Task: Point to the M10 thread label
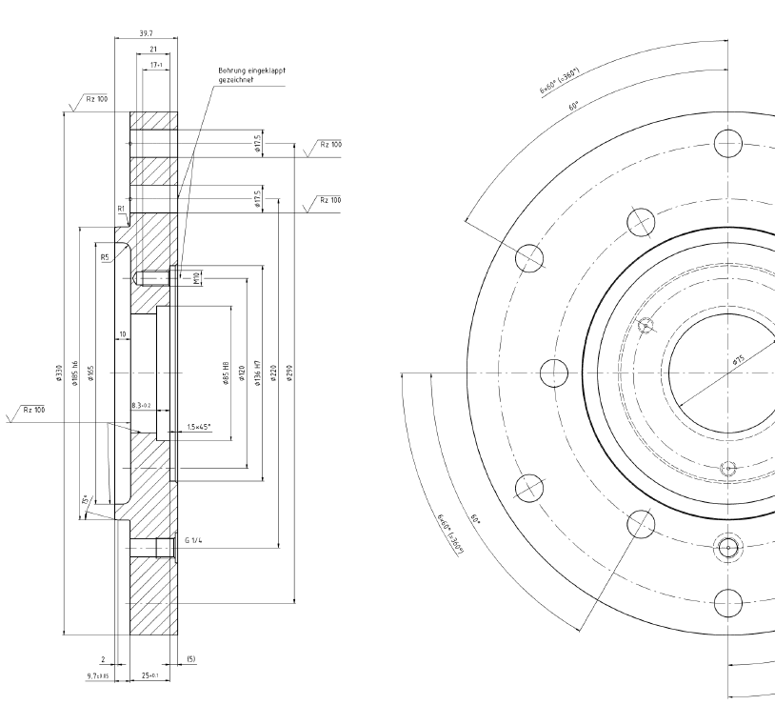(x=197, y=278)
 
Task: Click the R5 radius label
(x=104, y=257)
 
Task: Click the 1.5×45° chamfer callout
(x=199, y=427)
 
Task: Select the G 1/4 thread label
(x=192, y=539)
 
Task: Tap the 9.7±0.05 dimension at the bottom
(x=98, y=675)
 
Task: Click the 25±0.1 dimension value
(x=148, y=675)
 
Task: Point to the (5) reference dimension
(x=190, y=659)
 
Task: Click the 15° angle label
(x=86, y=500)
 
